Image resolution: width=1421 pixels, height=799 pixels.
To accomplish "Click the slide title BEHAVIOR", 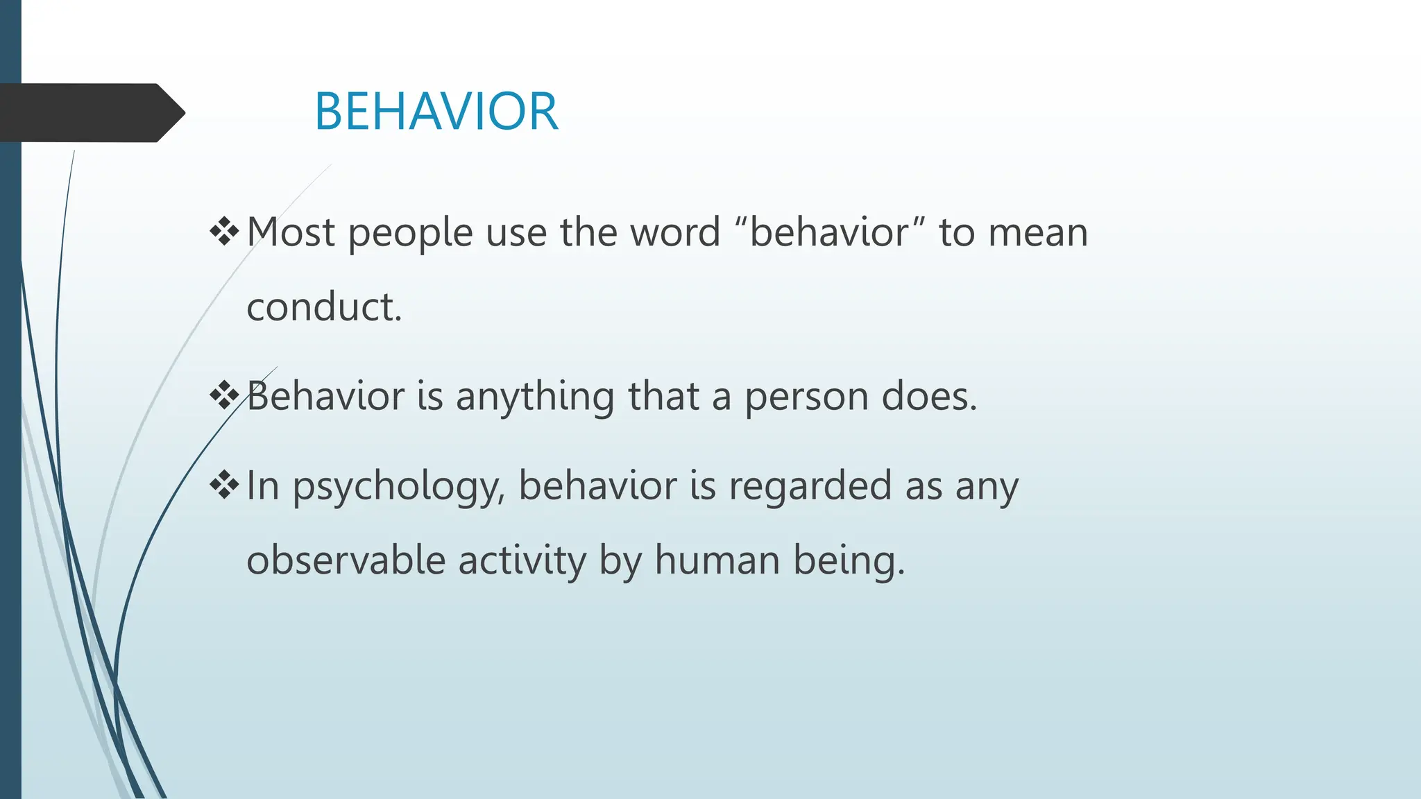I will click(436, 112).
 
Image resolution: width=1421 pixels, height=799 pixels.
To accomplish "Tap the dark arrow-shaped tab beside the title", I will click(90, 112).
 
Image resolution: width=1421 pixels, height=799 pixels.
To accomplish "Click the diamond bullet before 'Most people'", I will click(224, 232).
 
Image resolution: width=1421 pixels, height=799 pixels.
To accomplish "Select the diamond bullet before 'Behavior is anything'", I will click(224, 396).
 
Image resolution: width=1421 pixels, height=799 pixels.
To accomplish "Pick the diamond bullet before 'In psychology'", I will click(224, 485).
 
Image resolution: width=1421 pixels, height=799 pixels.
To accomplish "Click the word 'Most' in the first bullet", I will click(291, 232).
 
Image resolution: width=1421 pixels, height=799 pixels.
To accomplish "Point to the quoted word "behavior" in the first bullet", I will click(829, 232).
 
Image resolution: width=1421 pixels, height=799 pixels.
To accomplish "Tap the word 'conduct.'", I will click(324, 307).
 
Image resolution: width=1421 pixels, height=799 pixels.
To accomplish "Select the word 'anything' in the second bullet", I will click(535, 397).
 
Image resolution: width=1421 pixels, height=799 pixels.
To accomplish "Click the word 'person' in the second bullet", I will click(806, 397).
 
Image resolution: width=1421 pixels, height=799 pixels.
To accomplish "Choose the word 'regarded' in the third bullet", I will click(810, 486).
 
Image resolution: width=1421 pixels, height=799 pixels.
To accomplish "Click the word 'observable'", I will click(346, 560).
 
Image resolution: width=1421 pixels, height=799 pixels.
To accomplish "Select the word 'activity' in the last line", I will click(522, 560).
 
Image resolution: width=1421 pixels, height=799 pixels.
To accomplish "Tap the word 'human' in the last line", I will click(717, 560).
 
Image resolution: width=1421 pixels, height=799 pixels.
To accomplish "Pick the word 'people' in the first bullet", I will click(410, 234).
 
